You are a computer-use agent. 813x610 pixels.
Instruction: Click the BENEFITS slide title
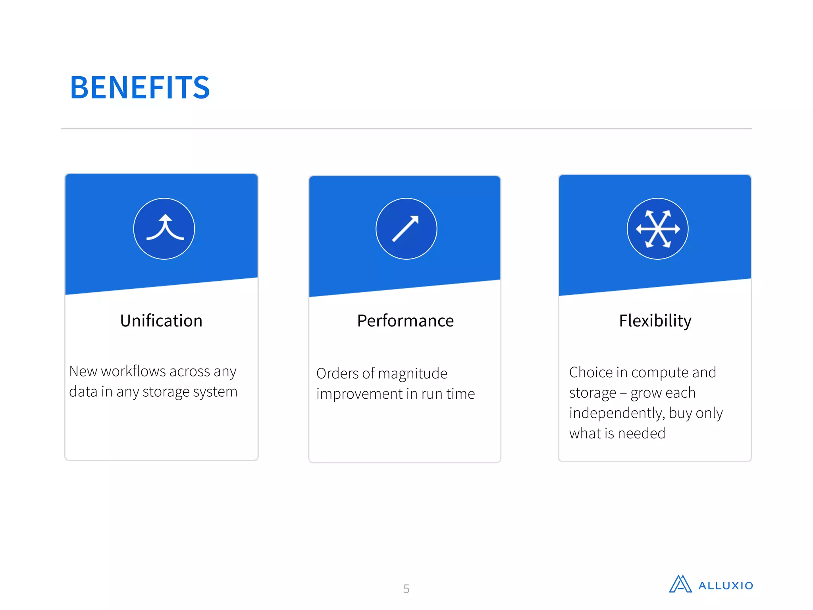coord(140,87)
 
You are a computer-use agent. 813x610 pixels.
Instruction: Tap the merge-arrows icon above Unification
coord(164,229)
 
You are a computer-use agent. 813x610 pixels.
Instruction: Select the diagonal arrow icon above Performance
coord(406,229)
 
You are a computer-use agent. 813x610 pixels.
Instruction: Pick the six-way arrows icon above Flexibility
coord(657,229)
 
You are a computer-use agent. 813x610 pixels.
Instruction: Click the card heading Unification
coord(161,321)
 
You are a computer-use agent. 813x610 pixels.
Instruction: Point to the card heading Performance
coord(405,321)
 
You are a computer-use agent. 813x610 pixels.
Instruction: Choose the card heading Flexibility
coord(655,321)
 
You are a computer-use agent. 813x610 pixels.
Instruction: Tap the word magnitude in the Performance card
coord(412,374)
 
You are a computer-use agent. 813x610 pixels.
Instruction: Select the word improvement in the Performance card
coord(359,394)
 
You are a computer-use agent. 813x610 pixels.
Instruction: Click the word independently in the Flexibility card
coord(616,413)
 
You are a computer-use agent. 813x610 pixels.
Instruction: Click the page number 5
coord(406,589)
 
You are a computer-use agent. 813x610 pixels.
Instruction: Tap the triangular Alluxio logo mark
coord(680,584)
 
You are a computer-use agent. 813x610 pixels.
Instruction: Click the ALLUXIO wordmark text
coord(725,586)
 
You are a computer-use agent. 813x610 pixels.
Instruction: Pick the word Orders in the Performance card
coord(337,374)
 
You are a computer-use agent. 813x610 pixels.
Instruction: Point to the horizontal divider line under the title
coord(406,129)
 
